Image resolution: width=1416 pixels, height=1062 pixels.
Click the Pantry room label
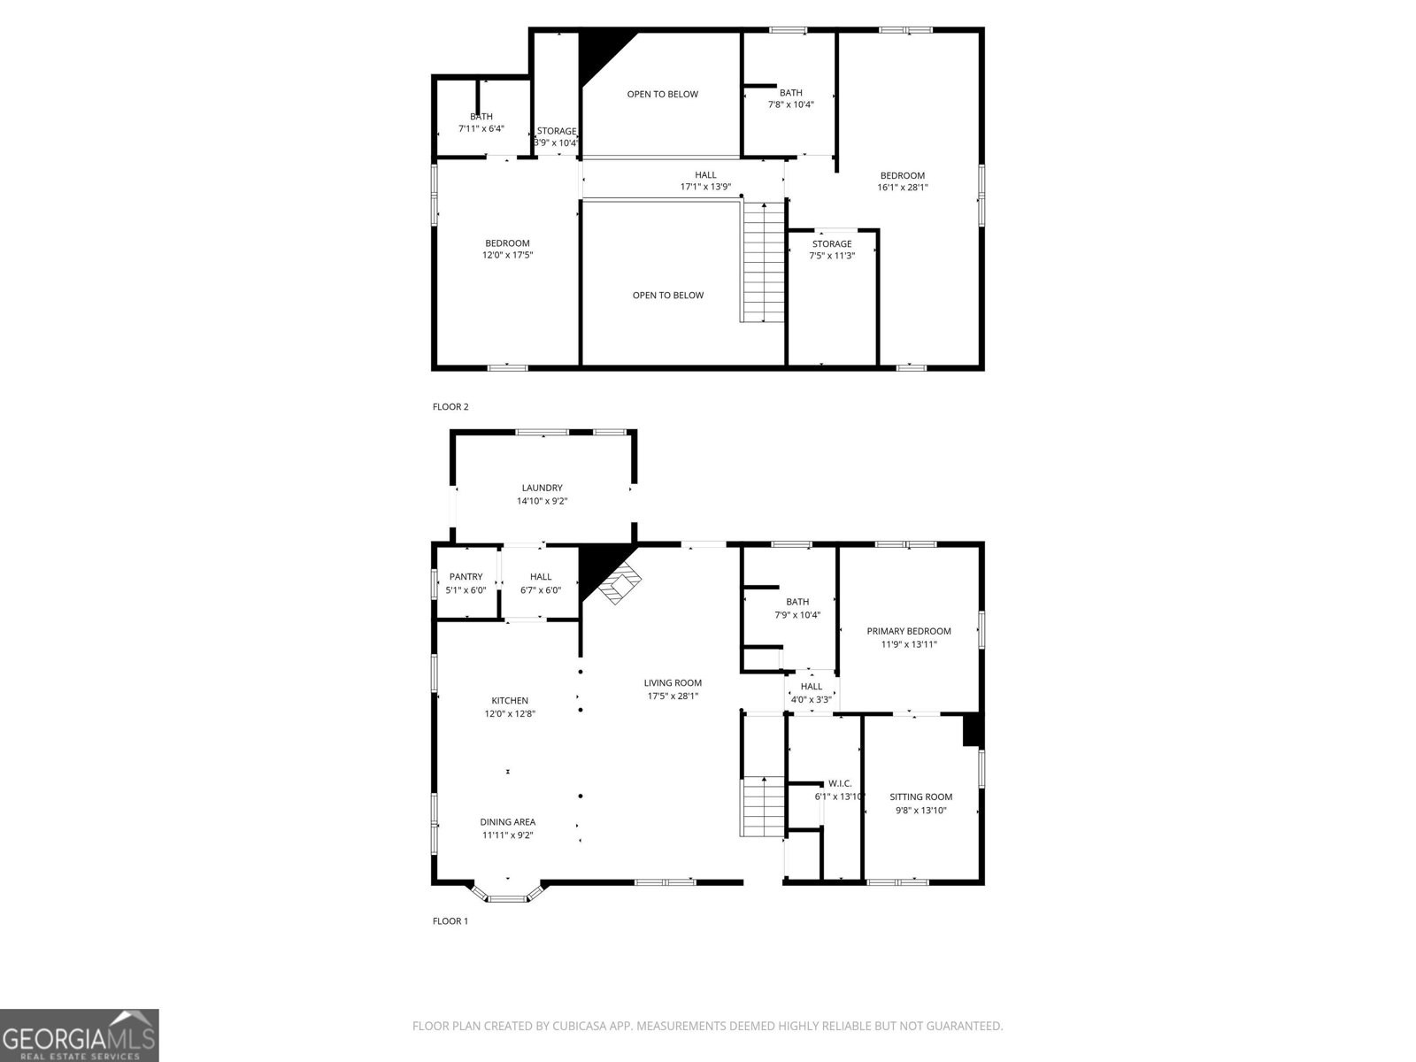pyautogui.click(x=466, y=577)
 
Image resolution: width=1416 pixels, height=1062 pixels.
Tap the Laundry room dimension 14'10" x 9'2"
pyautogui.click(x=542, y=501)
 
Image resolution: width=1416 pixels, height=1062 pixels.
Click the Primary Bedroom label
pyautogui.click(x=908, y=631)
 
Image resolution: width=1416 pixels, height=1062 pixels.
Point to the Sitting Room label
pyautogui.click(x=920, y=796)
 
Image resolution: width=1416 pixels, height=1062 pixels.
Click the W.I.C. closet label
pyautogui.click(x=839, y=783)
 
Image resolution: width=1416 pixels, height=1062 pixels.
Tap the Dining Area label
pyautogui.click(x=507, y=821)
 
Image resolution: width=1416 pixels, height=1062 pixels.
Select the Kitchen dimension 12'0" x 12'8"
pyautogui.click(x=510, y=713)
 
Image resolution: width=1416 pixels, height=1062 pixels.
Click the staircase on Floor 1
pyautogui.click(x=763, y=805)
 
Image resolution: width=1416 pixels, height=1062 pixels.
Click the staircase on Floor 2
pyautogui.click(x=764, y=262)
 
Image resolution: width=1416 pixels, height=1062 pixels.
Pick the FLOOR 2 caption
pyautogui.click(x=450, y=407)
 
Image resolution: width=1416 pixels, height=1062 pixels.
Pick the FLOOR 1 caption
pyautogui.click(x=450, y=921)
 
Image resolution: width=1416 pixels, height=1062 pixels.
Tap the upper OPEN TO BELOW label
pyautogui.click(x=662, y=94)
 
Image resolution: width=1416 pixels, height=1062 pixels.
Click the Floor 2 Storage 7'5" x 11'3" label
pyautogui.click(x=832, y=244)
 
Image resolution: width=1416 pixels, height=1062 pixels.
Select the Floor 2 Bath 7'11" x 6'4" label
pyautogui.click(x=481, y=117)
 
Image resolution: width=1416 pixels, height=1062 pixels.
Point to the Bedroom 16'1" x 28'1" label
pyautogui.click(x=902, y=175)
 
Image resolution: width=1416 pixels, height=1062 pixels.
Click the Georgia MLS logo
pyautogui.click(x=79, y=1035)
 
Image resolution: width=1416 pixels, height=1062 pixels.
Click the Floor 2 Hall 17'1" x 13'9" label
pyautogui.click(x=705, y=175)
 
